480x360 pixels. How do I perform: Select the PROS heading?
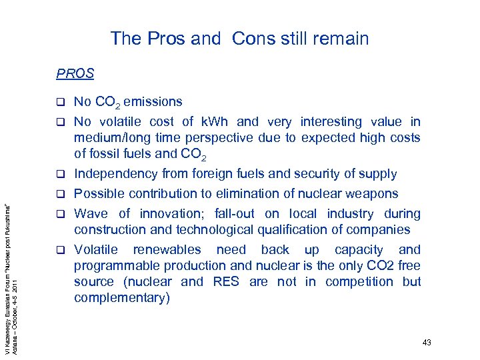pos(75,73)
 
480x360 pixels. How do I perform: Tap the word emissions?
pos(153,102)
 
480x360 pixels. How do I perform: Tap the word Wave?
pos(91,214)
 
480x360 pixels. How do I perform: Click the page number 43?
pos(427,343)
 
